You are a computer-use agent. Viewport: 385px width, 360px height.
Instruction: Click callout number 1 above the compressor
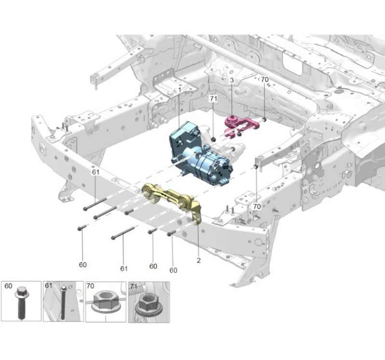[x=179, y=90]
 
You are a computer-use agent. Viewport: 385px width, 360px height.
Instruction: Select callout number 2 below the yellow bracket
[x=198, y=260]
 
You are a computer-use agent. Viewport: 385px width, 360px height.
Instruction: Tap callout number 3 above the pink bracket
[x=231, y=80]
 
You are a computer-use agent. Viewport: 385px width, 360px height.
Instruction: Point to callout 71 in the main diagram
[x=213, y=99]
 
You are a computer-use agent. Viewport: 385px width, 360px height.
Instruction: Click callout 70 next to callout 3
[x=265, y=79]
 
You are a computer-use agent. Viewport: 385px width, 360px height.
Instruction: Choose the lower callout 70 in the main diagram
[x=257, y=206]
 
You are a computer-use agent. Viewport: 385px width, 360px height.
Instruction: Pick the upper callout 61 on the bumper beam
[x=95, y=172]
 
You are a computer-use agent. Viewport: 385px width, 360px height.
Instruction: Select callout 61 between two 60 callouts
[x=124, y=269]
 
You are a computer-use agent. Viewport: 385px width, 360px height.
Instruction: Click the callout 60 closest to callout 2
[x=173, y=270]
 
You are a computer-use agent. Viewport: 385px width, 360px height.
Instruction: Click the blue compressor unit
[x=200, y=155]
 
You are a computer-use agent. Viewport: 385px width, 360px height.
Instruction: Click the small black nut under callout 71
[x=213, y=139]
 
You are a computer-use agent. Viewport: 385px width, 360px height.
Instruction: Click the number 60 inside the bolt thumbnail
[x=8, y=286]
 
